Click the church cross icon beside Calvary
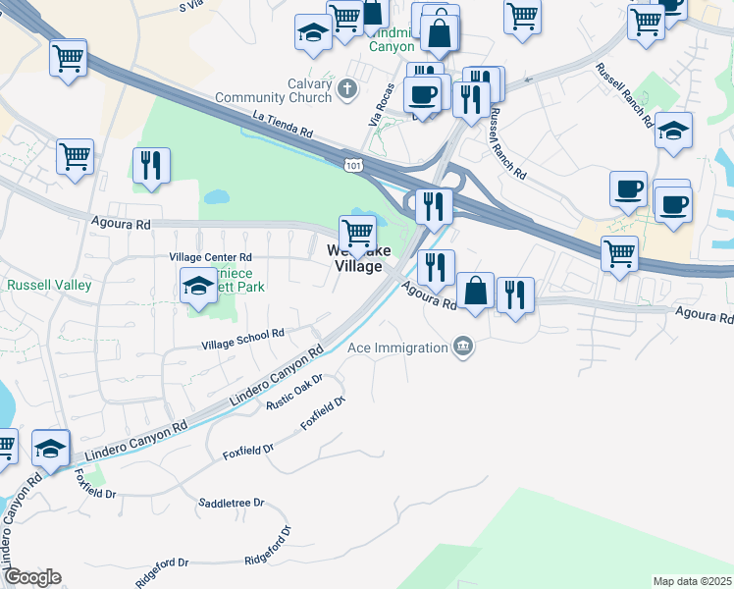(x=345, y=90)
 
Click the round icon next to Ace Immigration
(x=463, y=347)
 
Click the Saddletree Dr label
(x=232, y=503)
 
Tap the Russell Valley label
(x=49, y=286)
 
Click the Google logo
(x=32, y=577)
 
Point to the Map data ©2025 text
(x=691, y=581)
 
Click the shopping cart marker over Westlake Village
(x=357, y=234)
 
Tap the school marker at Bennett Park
(x=199, y=287)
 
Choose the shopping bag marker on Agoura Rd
(x=475, y=291)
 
